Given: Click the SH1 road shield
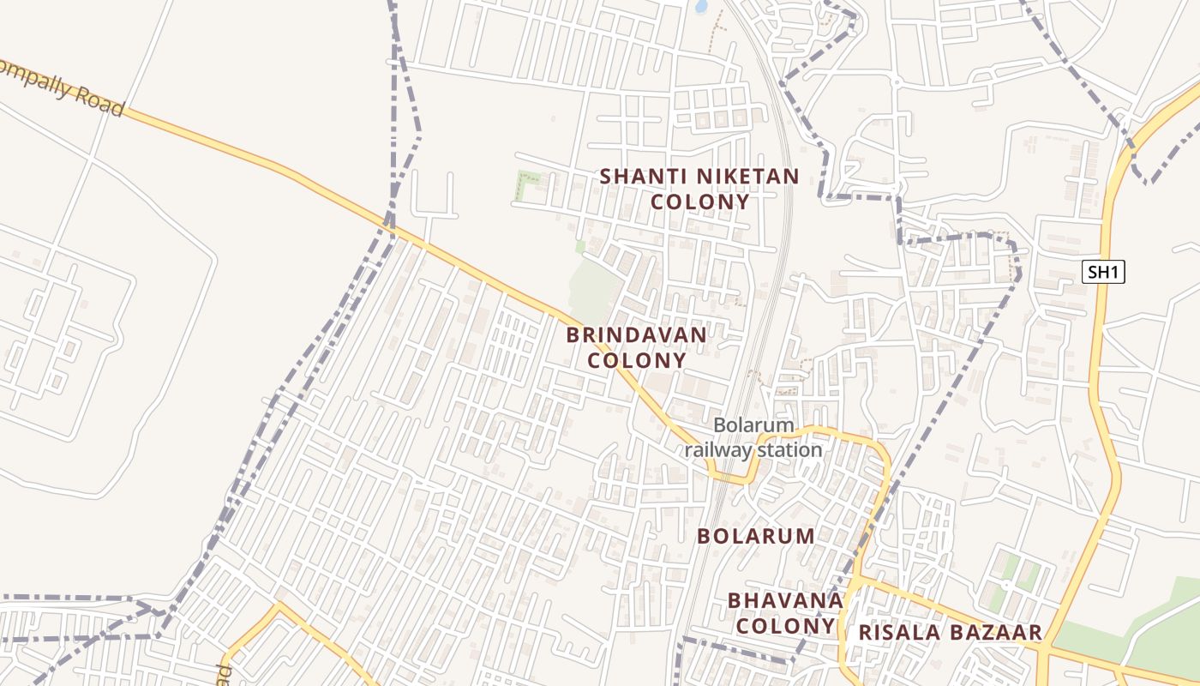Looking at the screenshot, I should click(x=1102, y=273).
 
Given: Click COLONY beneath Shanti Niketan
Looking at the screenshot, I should click(x=700, y=202).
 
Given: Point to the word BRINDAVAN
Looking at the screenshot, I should click(x=637, y=334).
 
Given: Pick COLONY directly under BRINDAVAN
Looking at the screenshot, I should click(x=637, y=360).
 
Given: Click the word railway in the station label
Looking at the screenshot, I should click(x=718, y=450).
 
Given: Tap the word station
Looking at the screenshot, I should click(x=789, y=449).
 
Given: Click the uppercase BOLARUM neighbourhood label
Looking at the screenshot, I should click(x=755, y=537).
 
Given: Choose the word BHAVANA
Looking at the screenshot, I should click(x=785, y=600).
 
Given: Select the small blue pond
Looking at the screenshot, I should click(x=701, y=7).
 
